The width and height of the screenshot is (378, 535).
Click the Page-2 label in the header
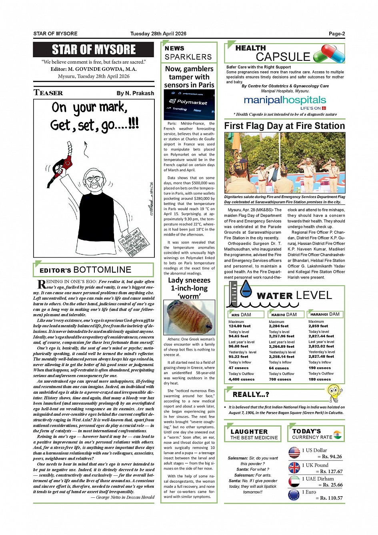coord(337,34)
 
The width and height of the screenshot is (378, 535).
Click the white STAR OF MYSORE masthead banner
coord(94,50)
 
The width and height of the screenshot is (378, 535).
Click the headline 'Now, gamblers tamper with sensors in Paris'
coord(190,77)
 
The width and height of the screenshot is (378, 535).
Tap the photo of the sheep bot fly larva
coord(189,317)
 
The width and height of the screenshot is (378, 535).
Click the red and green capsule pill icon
coord(329,53)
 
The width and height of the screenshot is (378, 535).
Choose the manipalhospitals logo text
coord(285,100)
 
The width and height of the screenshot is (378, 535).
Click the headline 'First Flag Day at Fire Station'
coord(284,126)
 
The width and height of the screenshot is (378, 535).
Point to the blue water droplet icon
coord(246,289)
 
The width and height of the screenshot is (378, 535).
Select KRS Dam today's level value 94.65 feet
coord(238,336)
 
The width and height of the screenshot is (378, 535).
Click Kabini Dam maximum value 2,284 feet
coord(278,326)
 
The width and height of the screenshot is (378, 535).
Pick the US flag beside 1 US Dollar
coord(294,453)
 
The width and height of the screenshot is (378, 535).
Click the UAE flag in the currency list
coord(294,481)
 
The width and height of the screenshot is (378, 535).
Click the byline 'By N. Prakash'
coord(135,93)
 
